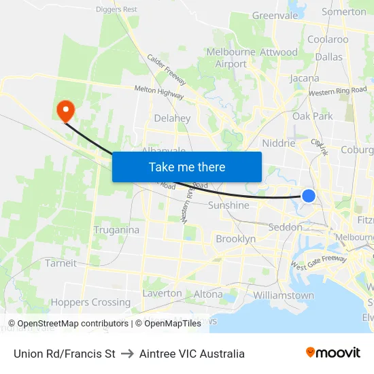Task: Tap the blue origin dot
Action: coord(308,196)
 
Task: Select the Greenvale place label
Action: coord(275,15)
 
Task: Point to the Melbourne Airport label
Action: coord(231,58)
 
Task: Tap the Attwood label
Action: coord(279,52)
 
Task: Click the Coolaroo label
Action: coord(328,39)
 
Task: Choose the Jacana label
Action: coord(305,78)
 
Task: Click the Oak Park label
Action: coord(313,116)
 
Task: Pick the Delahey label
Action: coord(172,118)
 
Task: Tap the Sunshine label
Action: coord(228,205)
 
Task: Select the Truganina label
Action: coord(116,230)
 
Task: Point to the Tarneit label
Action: coord(61,263)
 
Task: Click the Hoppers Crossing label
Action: coord(90,303)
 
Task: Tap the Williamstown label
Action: coord(284,296)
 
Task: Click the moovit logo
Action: coord(333,352)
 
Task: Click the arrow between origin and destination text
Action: coord(127,354)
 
